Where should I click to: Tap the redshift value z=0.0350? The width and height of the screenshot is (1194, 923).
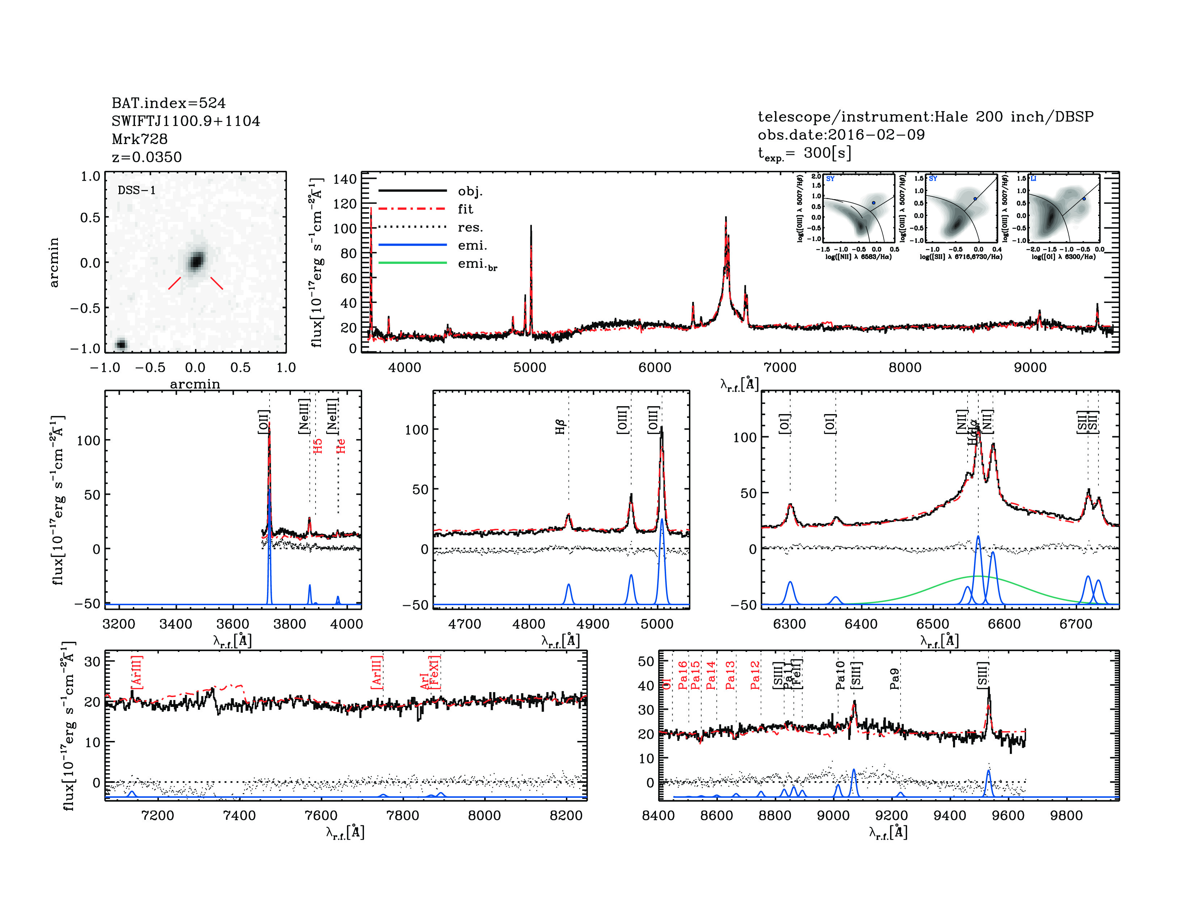click(147, 157)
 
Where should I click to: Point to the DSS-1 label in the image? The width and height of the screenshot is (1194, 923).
click(137, 190)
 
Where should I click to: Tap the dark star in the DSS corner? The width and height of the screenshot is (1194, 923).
click(121, 344)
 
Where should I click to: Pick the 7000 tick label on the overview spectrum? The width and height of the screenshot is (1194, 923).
click(780, 367)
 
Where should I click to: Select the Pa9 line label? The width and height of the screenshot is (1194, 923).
click(894, 678)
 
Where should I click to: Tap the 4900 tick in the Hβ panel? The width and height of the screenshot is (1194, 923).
click(593, 624)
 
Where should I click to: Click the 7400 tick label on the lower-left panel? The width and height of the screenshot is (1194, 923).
click(240, 815)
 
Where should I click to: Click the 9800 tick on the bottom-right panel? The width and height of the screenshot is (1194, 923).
click(1066, 815)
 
